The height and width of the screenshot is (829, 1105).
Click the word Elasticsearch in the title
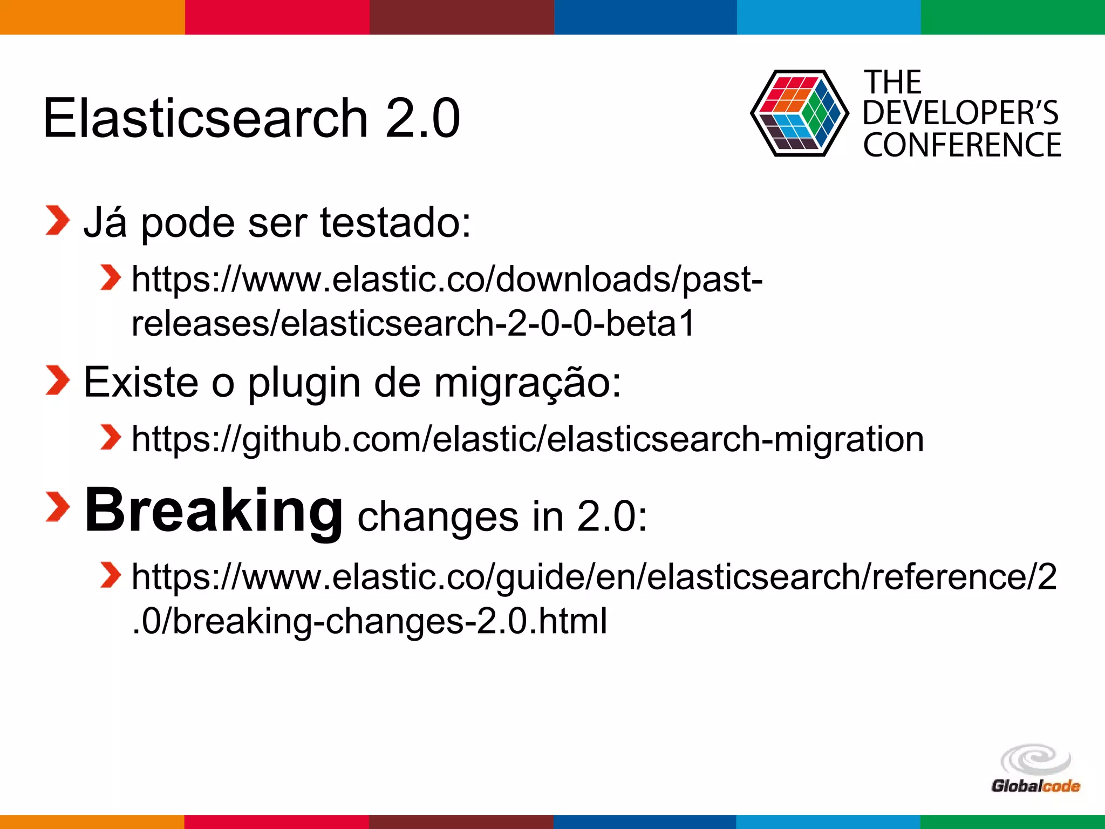[x=205, y=118]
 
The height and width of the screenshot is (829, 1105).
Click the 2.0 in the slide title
[x=422, y=118]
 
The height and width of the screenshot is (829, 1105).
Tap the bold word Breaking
[x=214, y=511]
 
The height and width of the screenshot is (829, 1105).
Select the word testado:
[x=395, y=222]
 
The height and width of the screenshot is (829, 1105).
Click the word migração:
[x=528, y=382]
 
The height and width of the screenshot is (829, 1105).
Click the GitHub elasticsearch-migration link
[x=527, y=439]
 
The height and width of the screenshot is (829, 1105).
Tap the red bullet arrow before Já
[x=57, y=221]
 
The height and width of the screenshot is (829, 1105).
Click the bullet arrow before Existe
[x=57, y=380]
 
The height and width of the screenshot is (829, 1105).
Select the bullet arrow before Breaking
[x=57, y=507]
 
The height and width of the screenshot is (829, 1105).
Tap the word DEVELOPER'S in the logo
[x=960, y=113]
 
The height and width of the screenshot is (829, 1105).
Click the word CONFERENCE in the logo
[x=962, y=145]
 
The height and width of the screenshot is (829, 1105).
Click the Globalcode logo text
[x=1035, y=786]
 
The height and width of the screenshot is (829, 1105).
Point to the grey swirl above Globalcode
[x=1035, y=759]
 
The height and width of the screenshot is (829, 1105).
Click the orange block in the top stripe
[x=92, y=17]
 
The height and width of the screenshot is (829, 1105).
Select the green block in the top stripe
[x=1013, y=17]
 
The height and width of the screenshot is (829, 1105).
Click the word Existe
[x=141, y=382]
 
